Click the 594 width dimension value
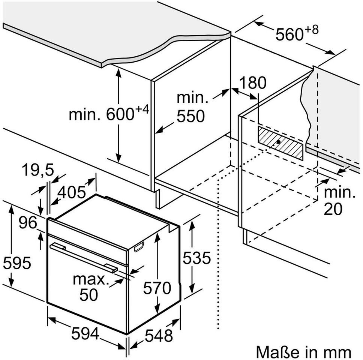point(85,334)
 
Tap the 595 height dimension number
point(17,263)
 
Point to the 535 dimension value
point(197,258)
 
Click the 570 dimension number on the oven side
point(157,288)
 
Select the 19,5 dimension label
point(38,170)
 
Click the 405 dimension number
point(72,192)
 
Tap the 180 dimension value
point(253,82)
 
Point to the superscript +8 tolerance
point(312,30)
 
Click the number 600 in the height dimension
point(120,114)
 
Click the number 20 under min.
point(333,209)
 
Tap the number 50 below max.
point(88,294)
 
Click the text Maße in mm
point(303,352)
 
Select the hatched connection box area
point(280,143)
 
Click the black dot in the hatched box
point(278,142)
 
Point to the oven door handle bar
point(84,258)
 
